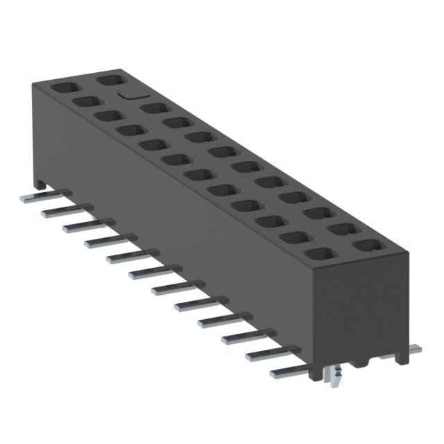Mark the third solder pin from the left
pos(78,226)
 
